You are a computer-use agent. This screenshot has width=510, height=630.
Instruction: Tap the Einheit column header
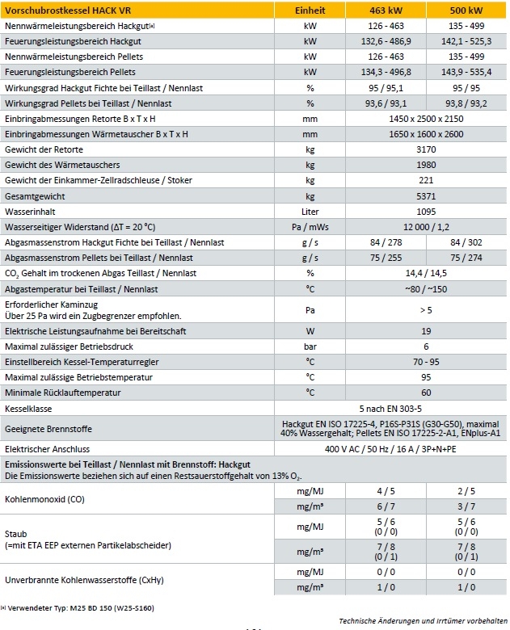(310, 10)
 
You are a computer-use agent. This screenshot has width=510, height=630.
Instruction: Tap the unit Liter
(310, 211)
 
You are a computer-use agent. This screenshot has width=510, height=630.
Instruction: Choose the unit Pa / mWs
(310, 226)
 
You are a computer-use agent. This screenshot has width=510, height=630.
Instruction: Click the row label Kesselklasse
(29, 409)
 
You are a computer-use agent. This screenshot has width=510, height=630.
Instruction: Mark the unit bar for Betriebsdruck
(310, 346)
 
